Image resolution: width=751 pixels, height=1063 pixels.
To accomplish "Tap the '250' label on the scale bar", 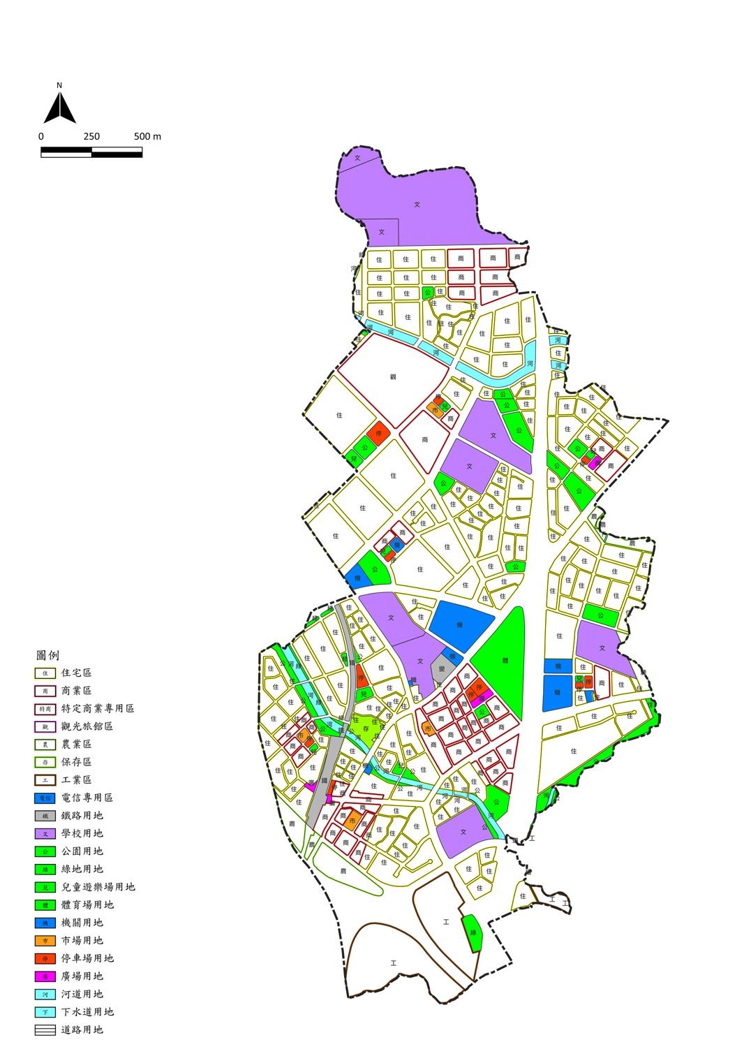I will pos(91,137).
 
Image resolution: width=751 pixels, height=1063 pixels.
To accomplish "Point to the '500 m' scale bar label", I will pos(147,137).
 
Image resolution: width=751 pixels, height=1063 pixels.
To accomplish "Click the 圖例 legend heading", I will pos(47,656).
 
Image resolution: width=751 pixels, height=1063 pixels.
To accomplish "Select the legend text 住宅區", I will pos(76,673).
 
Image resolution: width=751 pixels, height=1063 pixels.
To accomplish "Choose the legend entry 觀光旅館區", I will pos(87,726).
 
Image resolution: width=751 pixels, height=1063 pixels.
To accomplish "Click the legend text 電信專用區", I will pos(87,798).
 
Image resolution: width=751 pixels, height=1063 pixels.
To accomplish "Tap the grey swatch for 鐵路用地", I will pos(45,816).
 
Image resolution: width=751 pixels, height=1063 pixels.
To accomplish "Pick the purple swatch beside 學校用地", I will pos(45,833).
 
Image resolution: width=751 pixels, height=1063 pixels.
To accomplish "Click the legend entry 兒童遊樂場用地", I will pos(98,887).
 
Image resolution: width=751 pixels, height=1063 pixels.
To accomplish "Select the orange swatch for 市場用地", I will pos(45,941).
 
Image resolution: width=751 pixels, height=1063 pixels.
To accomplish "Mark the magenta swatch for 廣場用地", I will pos(45,976).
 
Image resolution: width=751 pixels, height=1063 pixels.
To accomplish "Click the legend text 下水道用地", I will pos(87,1012).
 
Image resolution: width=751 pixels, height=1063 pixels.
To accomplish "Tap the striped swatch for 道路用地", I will pos(45,1029).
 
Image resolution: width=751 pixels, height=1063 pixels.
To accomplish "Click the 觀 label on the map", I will pos(393,376).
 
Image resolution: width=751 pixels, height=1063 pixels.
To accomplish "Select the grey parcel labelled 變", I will pos(442,668).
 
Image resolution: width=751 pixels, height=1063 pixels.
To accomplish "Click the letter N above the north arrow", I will pos(59,85).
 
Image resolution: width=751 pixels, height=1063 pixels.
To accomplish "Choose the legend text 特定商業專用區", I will pos(98,709).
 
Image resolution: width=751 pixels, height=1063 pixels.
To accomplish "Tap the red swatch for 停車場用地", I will pos(45,958).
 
